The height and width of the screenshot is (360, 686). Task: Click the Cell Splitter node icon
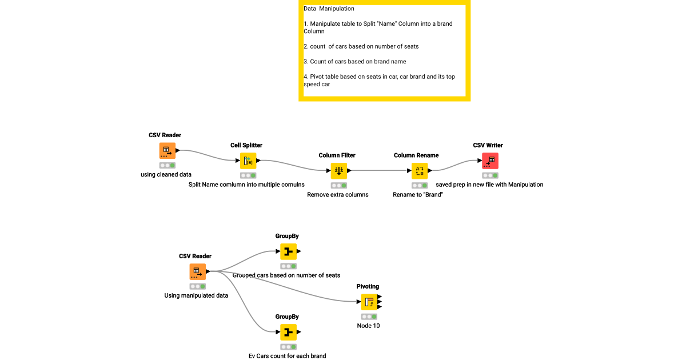248,161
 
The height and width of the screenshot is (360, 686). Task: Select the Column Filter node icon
338,171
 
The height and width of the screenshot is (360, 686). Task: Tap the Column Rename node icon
420,171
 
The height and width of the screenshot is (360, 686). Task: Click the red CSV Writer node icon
490,161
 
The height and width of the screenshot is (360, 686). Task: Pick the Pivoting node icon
369,302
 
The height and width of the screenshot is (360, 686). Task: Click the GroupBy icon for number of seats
288,251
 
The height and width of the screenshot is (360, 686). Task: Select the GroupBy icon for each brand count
288,332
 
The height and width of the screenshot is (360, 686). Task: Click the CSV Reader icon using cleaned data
167,151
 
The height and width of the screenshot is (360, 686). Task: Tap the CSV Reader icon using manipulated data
197,271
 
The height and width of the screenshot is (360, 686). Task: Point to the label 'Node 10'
368,326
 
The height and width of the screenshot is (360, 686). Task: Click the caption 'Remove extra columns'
338,194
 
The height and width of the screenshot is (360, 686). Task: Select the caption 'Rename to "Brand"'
418,194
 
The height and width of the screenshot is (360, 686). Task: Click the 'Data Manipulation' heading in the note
329,9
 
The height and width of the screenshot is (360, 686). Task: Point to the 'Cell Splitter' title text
246,145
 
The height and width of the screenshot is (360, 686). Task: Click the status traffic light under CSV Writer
489,175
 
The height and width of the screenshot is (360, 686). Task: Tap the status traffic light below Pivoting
369,316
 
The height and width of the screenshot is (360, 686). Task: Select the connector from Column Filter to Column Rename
378,170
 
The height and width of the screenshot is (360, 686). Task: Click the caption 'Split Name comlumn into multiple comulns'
246,185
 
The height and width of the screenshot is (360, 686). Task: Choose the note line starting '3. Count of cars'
354,61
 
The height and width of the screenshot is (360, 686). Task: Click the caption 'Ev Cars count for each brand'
287,356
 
